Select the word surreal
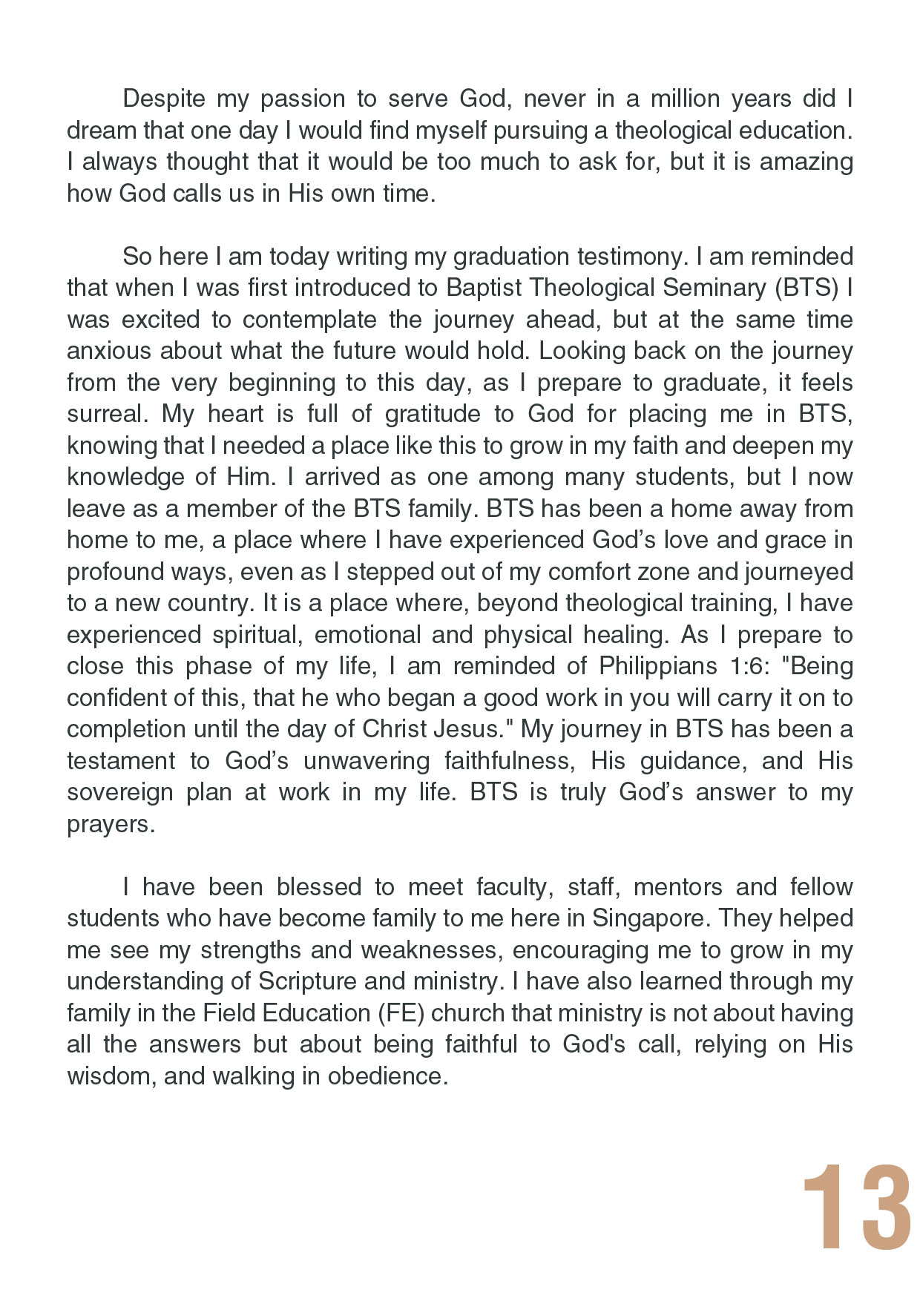click(x=108, y=414)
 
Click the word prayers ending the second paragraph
click(x=110, y=824)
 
